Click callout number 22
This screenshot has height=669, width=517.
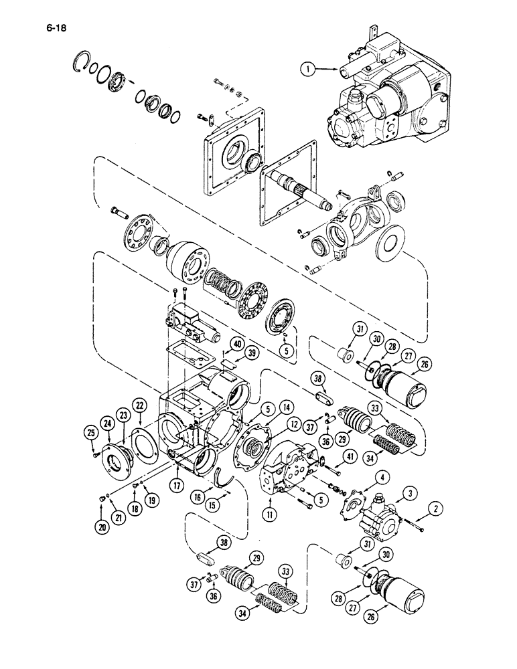139,406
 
